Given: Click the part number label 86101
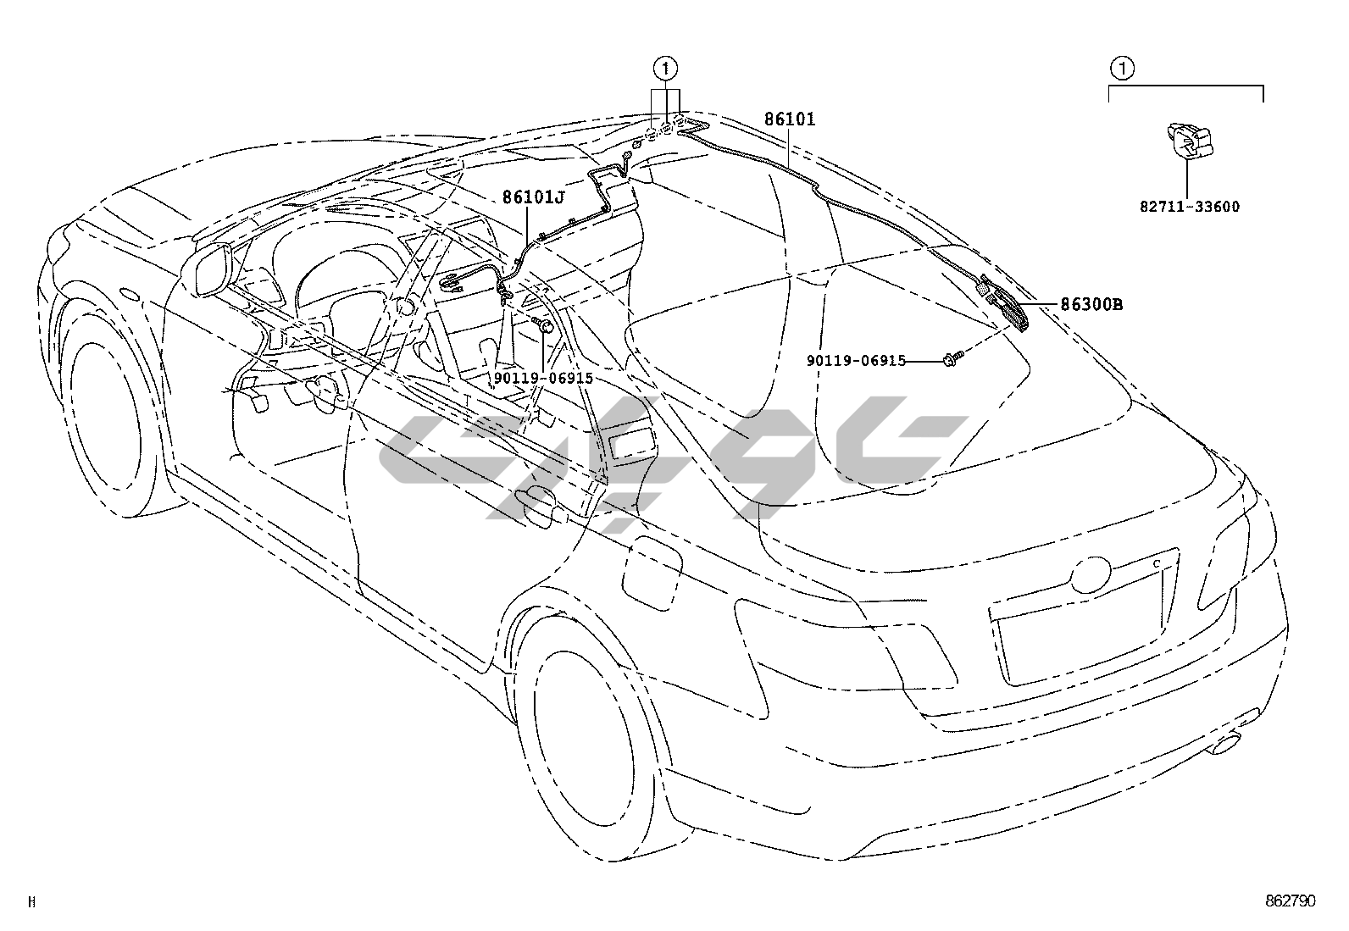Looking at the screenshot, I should pos(789,119).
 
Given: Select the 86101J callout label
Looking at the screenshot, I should pos(533,198).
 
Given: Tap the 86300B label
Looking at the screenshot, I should pos(1091,304).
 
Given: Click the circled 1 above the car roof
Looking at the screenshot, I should pos(666,67).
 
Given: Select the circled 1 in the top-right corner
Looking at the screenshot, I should pos(1122,67).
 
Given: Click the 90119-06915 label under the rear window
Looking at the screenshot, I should pos(856,361).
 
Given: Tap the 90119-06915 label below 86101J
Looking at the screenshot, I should pos(543,379).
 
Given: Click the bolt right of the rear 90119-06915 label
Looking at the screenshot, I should pos(947,361).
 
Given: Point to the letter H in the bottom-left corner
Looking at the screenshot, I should pos(31,902).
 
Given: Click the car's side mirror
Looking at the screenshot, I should pos(207,269).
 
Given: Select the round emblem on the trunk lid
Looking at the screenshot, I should pos(1090,575).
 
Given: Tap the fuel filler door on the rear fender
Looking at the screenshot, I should pos(652,572).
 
